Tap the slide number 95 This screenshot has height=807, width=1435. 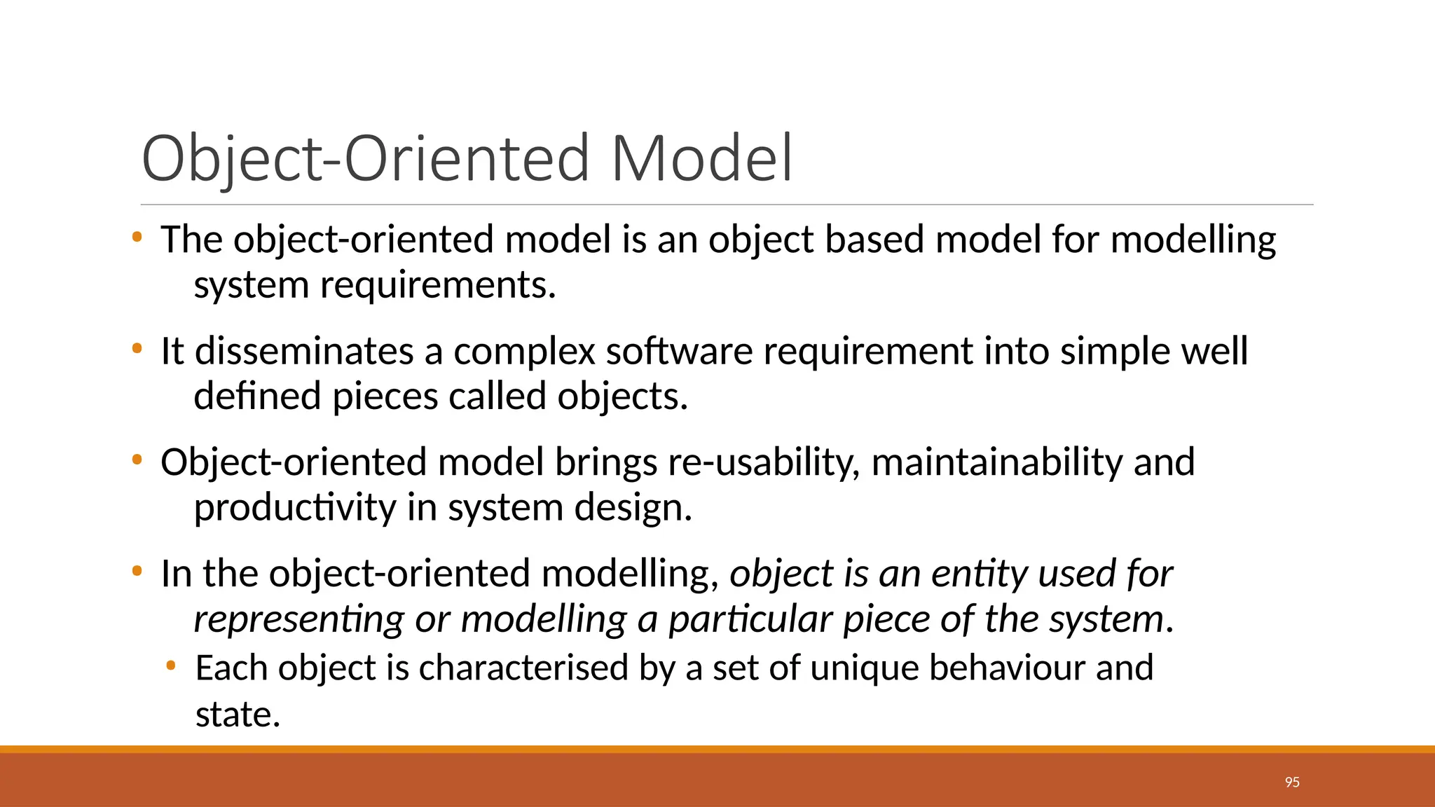1292,782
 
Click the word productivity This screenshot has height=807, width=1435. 294,508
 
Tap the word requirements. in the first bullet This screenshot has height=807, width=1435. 438,286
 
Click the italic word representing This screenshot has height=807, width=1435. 298,620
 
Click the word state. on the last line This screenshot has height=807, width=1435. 238,715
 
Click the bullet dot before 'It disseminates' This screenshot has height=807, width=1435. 137,348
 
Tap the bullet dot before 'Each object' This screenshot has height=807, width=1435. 171,665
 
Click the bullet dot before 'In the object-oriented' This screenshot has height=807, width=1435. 137,571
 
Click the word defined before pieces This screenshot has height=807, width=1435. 257,396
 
